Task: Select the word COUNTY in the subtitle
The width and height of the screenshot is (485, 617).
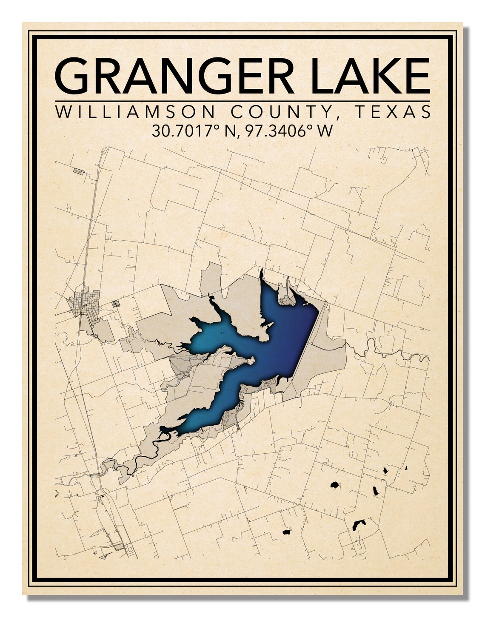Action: pyautogui.click(x=281, y=112)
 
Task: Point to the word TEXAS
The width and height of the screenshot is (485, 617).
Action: pyautogui.click(x=391, y=112)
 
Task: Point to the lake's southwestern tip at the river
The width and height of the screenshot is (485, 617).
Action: pyautogui.click(x=164, y=432)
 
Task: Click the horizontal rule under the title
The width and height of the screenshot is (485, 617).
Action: pyautogui.click(x=242, y=101)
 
